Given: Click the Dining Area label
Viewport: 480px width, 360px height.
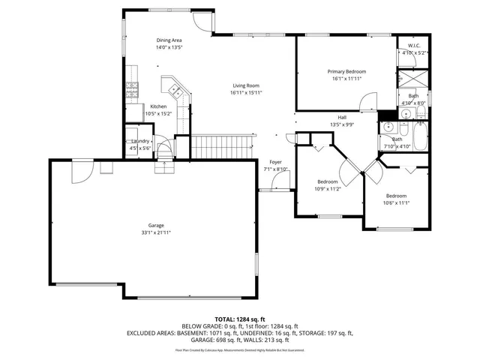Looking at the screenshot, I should click(169, 40).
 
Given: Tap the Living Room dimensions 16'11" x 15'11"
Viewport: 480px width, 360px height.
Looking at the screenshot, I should click(245, 93).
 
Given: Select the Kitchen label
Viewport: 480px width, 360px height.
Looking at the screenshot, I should click(158, 106).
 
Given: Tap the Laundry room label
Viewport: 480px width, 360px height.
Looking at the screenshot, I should click(140, 141).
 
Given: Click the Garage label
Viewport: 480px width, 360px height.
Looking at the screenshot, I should click(155, 225).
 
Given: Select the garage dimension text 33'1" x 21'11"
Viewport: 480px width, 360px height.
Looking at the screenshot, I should click(155, 232).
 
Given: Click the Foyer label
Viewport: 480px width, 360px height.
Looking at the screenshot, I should click(276, 162).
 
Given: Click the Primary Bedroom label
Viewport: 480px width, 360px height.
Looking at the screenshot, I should click(346, 71).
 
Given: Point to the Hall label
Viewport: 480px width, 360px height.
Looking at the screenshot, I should click(342, 118).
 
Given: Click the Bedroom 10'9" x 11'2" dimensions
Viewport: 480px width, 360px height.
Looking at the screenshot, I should click(327, 189).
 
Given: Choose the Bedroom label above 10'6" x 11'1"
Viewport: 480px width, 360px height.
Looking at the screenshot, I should click(396, 195).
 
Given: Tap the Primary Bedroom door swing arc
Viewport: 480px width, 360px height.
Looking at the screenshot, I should click(367, 101).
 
